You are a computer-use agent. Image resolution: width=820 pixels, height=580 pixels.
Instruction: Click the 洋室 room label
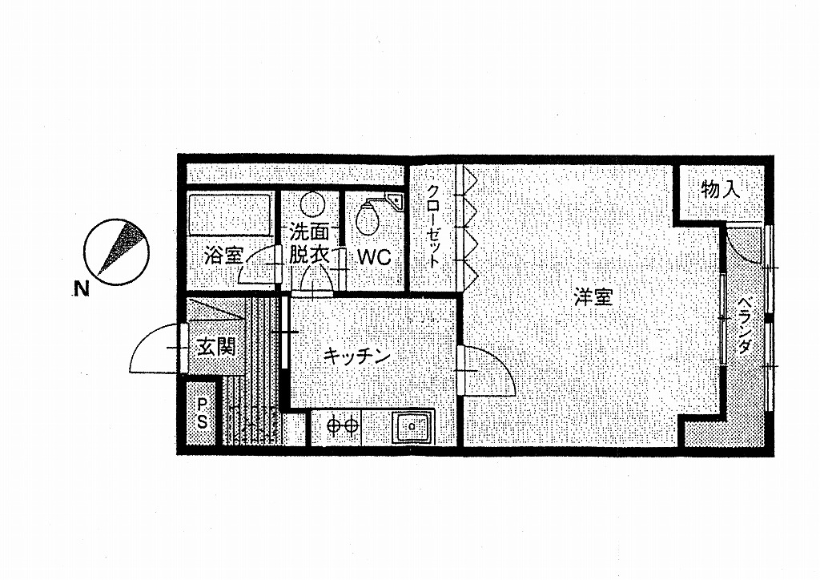click(593, 297)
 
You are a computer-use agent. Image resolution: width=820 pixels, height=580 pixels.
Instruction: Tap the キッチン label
click(357, 356)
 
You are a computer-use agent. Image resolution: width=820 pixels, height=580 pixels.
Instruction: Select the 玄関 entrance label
click(216, 346)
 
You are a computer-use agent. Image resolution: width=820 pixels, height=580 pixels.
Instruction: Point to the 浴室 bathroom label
click(224, 256)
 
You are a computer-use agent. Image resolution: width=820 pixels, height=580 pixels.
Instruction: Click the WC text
click(375, 257)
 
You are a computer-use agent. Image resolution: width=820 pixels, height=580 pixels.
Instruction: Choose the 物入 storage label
click(721, 189)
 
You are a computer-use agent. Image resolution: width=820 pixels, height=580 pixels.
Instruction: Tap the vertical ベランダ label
click(746, 326)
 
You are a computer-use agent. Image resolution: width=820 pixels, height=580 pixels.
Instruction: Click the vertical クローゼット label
click(433, 227)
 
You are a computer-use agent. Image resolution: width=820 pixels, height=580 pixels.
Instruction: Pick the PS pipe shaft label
click(203, 413)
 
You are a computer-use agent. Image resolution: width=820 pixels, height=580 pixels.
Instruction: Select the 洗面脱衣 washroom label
click(310, 244)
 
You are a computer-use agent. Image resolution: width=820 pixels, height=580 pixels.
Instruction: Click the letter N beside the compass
click(81, 288)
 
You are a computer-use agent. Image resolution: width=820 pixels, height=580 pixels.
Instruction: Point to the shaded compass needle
click(121, 246)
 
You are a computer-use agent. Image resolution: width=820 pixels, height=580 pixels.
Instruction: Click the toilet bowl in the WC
click(367, 217)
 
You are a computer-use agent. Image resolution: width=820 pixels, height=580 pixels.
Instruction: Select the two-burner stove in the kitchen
click(343, 425)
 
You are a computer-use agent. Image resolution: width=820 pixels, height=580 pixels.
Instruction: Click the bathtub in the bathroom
click(230, 215)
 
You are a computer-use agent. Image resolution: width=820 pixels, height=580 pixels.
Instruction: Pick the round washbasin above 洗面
click(312, 204)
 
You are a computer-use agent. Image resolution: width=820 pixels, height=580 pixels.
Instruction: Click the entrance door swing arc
click(155, 348)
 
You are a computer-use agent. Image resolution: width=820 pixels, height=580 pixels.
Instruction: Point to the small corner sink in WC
click(397, 200)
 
